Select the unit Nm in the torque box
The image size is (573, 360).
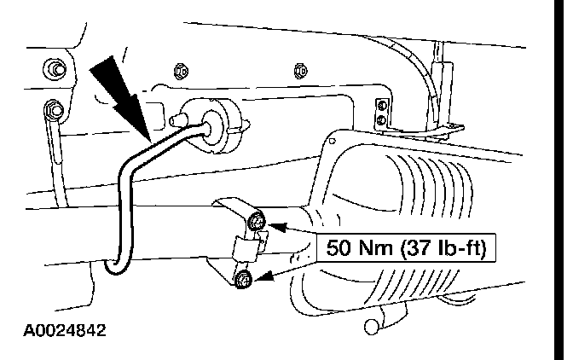point(374,248)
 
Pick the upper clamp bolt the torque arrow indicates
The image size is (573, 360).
point(258,224)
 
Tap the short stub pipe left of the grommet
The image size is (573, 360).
point(185,112)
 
